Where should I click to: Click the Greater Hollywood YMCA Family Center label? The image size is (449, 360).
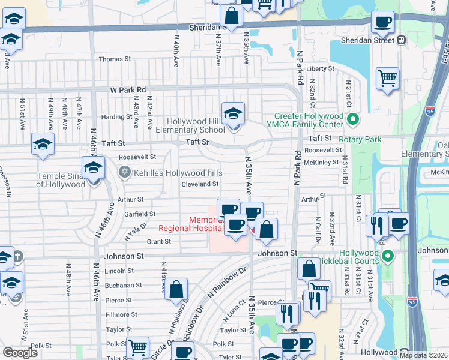309,120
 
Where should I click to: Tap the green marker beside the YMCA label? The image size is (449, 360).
352,120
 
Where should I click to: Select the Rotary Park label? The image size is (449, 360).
360,139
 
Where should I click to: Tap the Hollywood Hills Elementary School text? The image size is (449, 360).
191,125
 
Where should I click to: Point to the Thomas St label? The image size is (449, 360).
115,59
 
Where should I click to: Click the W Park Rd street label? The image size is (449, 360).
128,89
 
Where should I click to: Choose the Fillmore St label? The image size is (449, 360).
118,314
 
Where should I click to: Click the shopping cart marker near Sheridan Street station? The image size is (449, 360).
388,78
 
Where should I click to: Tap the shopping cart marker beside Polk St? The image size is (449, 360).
138,346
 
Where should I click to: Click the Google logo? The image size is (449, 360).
20,353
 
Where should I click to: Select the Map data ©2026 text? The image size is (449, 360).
423,355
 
